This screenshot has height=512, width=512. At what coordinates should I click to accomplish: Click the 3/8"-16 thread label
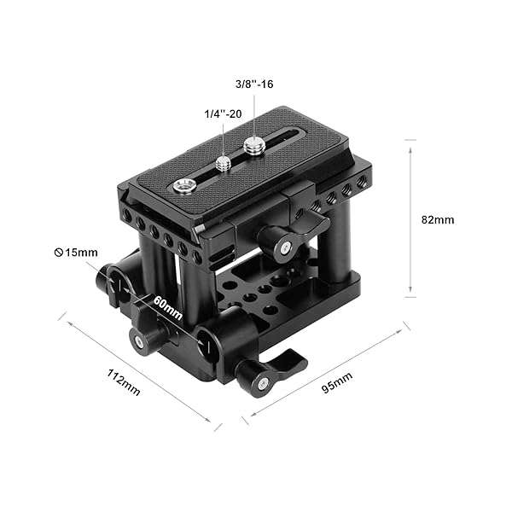click(254, 84)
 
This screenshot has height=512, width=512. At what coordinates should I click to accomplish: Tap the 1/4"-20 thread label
click(223, 114)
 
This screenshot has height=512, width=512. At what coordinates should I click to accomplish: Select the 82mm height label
click(438, 220)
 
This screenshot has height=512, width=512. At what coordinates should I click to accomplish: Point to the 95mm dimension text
click(337, 382)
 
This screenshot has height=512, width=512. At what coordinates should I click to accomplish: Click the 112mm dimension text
click(124, 382)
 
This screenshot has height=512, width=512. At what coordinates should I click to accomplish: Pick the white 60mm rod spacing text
click(167, 307)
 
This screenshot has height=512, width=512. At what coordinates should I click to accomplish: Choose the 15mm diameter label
click(76, 253)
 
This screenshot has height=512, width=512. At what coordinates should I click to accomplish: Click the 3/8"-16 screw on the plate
click(253, 146)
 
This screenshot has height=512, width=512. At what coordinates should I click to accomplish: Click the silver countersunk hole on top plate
click(183, 186)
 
